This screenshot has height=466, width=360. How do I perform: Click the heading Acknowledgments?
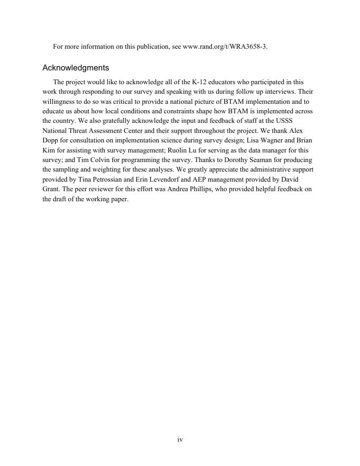pyautogui.click(x=76, y=68)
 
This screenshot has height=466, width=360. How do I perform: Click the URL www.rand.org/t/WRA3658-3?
pyautogui.click(x=224, y=47)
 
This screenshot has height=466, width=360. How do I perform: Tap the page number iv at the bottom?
pyautogui.click(x=180, y=440)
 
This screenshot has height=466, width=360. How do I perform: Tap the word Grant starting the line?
pyautogui.click(x=51, y=189)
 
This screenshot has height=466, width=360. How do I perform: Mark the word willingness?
pyautogui.click(x=60, y=102)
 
